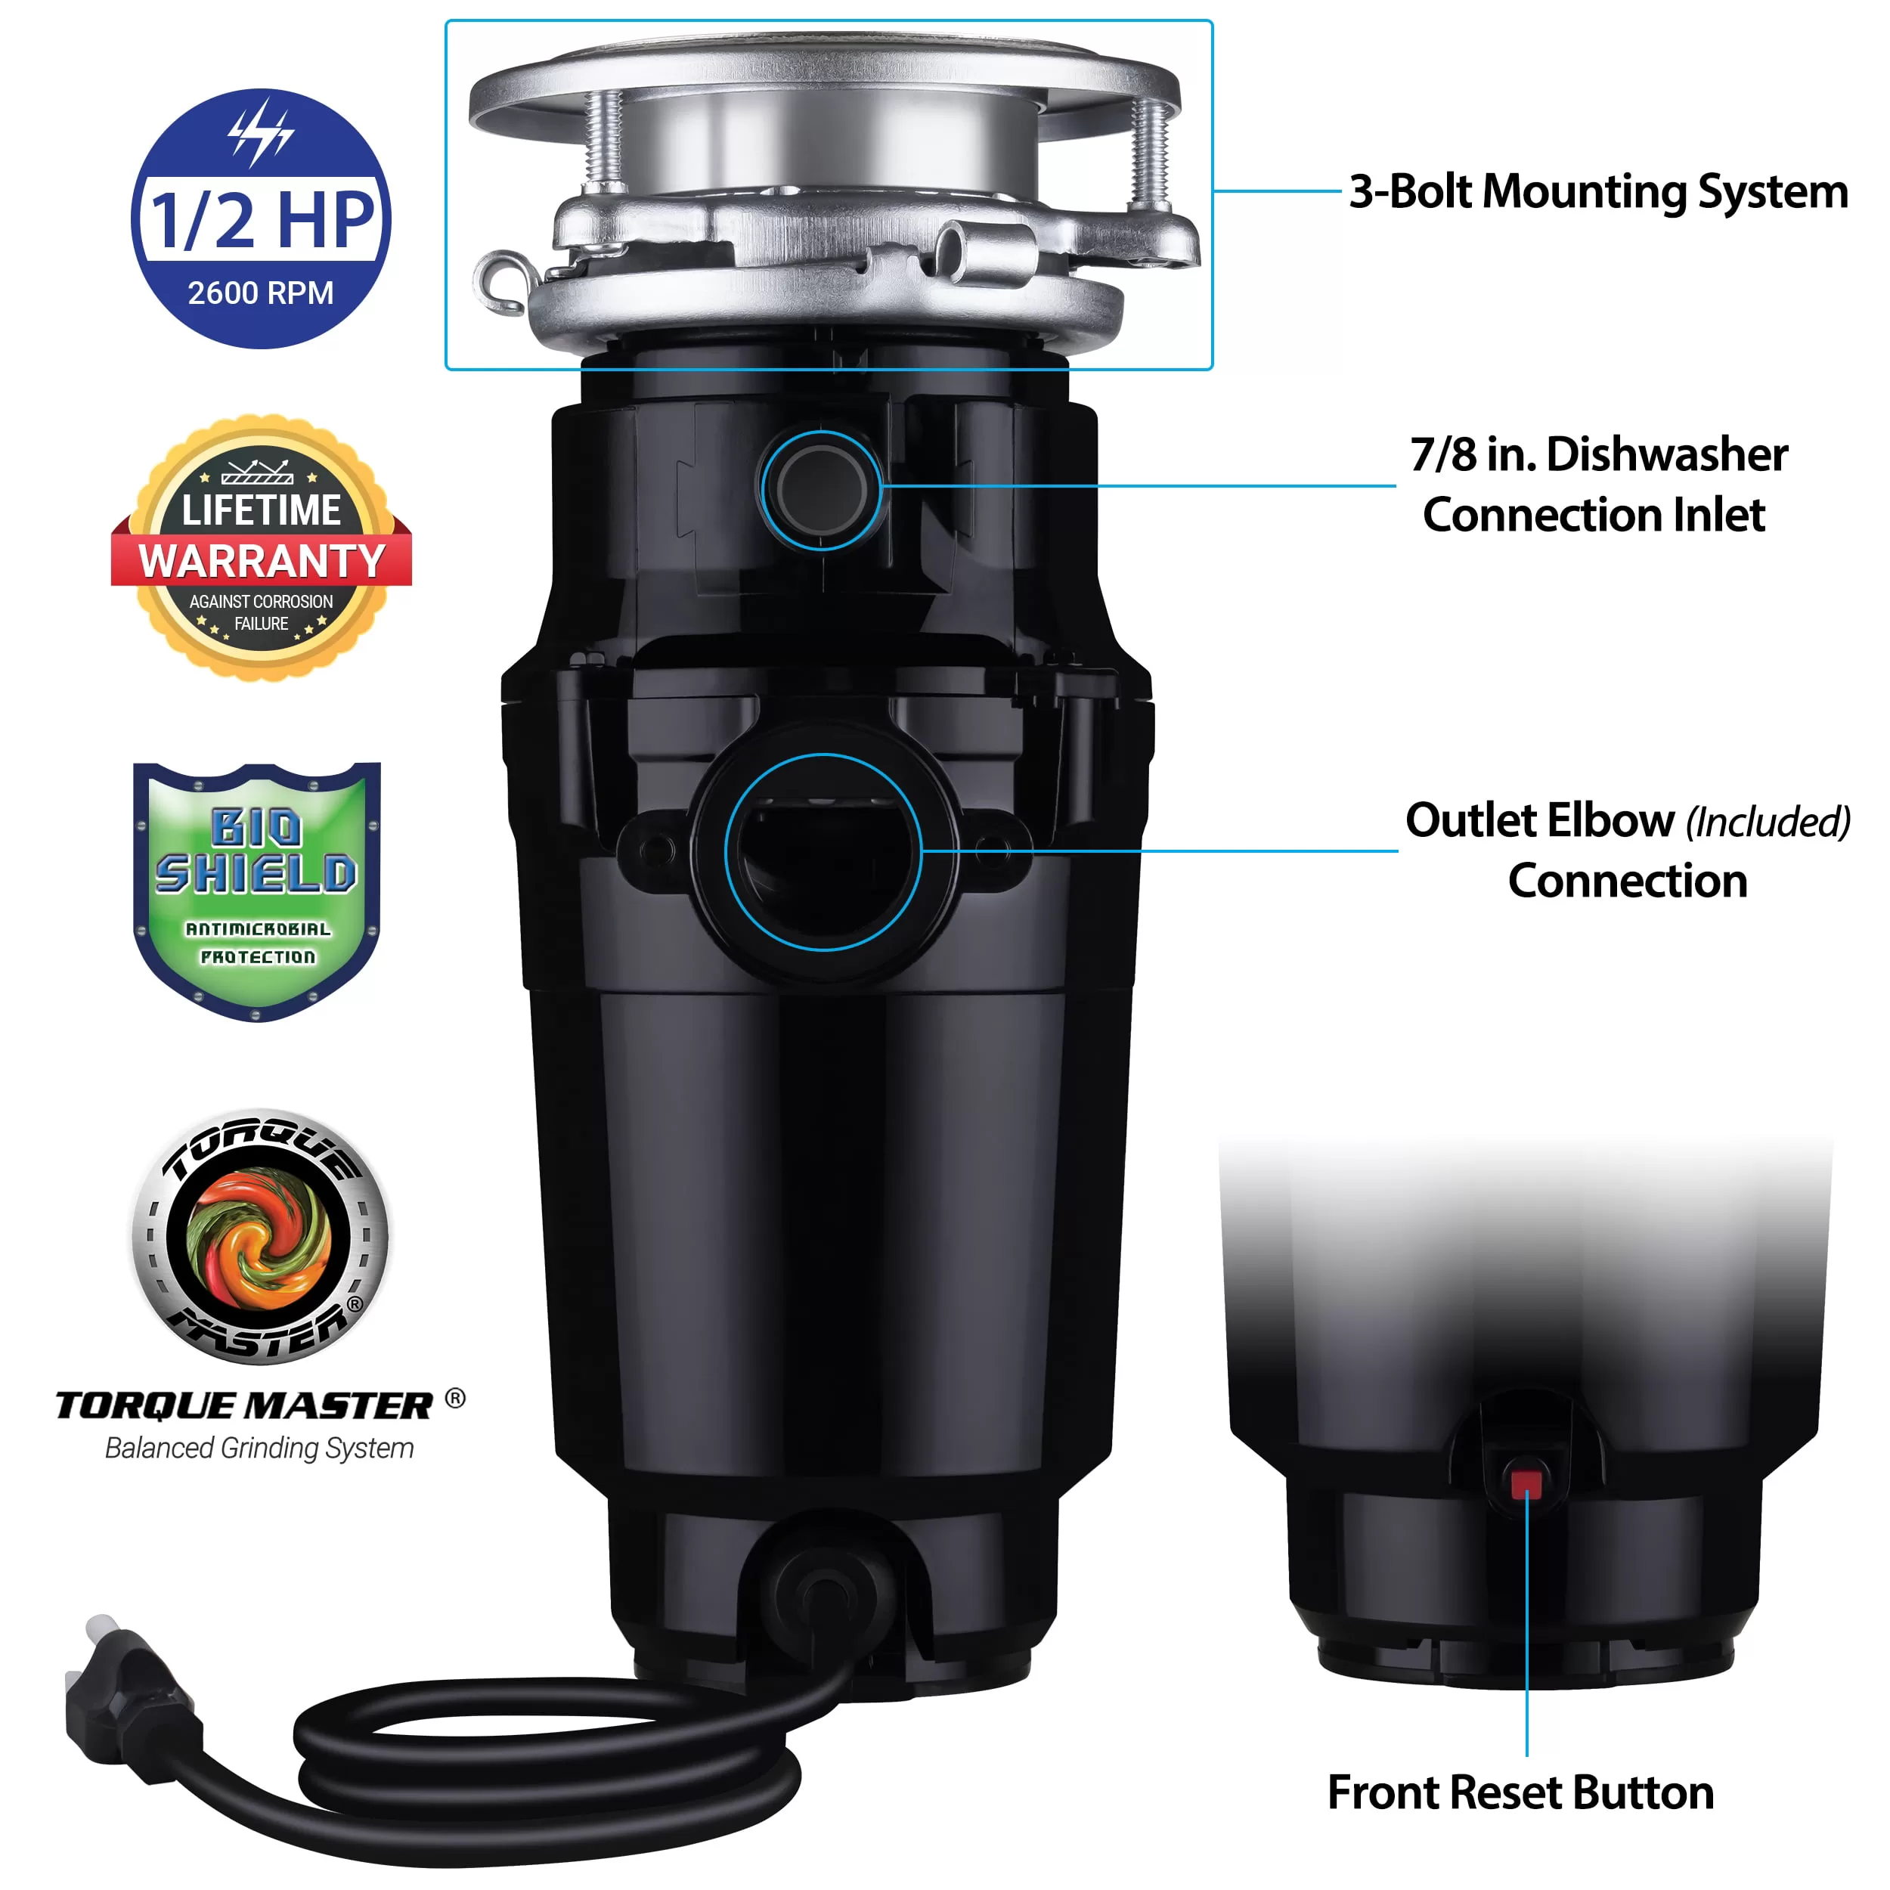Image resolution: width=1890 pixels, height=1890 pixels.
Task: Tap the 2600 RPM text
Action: tap(260, 293)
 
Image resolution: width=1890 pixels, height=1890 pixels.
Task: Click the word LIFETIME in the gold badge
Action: tap(261, 510)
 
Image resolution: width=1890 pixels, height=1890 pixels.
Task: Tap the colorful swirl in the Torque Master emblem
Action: tap(259, 1238)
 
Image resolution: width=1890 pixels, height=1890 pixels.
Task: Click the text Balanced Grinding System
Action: tap(259, 1448)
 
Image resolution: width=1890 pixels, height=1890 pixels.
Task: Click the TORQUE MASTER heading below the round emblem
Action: tap(244, 1405)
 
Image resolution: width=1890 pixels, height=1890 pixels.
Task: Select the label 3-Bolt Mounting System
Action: tap(1597, 192)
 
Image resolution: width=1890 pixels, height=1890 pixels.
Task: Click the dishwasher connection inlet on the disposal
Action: tap(822, 489)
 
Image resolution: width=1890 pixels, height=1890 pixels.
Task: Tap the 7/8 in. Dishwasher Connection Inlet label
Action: tap(1597, 485)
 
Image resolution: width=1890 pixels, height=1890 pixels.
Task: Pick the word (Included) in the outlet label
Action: tap(1767, 822)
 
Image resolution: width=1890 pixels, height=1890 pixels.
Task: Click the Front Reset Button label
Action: tap(1520, 1792)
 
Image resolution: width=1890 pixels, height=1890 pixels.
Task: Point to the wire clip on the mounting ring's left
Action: tap(501, 282)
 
